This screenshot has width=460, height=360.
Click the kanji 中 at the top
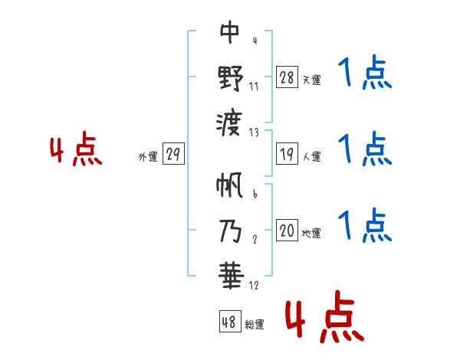click(x=230, y=33)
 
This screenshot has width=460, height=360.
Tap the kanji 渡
click(x=230, y=121)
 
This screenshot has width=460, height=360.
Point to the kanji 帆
click(x=230, y=185)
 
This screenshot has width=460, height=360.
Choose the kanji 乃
click(x=230, y=229)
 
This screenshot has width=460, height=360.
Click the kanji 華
click(x=230, y=274)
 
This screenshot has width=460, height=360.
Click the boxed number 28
click(x=287, y=78)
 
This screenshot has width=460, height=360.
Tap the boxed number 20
click(x=287, y=231)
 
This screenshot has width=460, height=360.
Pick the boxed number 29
click(x=173, y=155)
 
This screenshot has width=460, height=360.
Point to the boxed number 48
click(x=229, y=322)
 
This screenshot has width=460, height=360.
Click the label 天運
click(x=311, y=80)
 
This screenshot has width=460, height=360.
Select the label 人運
click(x=311, y=156)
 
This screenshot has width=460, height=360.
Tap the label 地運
click(x=311, y=233)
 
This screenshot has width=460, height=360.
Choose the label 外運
click(x=148, y=156)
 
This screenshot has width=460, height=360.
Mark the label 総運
click(x=254, y=324)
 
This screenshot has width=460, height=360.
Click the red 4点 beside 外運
click(x=77, y=150)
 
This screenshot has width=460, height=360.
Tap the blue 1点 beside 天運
click(x=365, y=75)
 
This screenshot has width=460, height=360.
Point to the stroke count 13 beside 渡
click(x=254, y=131)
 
